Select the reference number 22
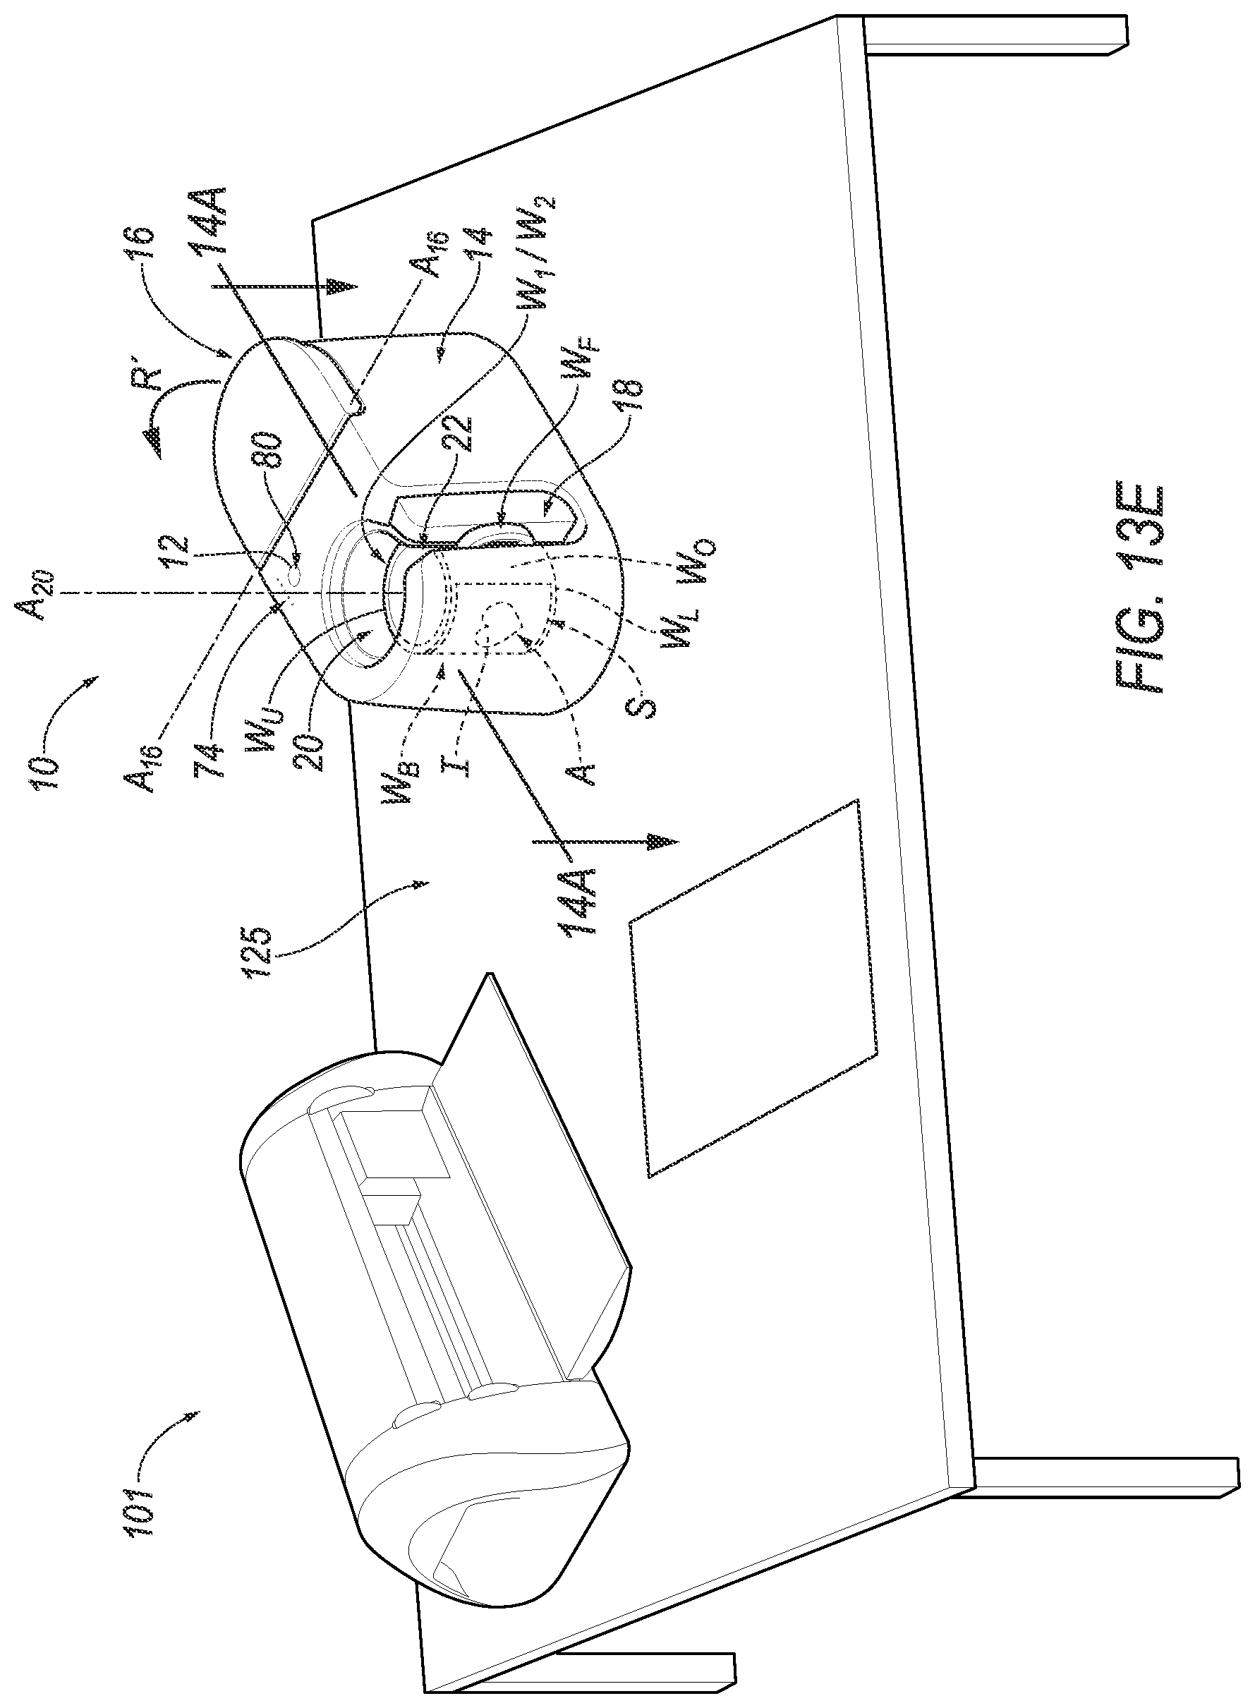coord(468,437)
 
